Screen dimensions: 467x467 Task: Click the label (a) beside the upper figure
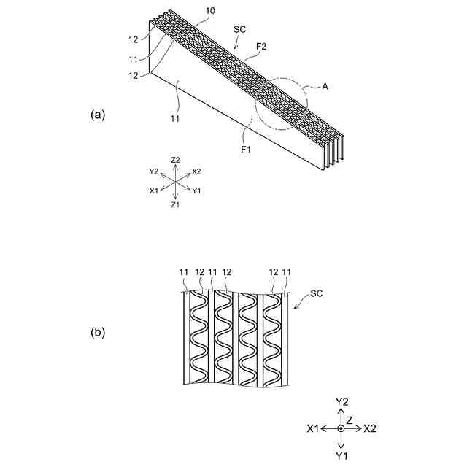coord(98,115)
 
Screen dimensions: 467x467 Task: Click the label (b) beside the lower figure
coord(98,333)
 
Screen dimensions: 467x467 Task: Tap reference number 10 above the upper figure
coord(190,11)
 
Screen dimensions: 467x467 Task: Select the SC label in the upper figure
coord(239,30)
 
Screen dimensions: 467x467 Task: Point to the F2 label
coord(260,46)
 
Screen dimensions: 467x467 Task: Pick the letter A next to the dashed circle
coord(325,85)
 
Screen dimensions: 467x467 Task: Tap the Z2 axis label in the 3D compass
coord(175,160)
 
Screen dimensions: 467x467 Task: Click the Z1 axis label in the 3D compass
coord(175,205)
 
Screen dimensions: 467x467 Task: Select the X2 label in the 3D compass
coord(196,172)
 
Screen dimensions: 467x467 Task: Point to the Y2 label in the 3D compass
coord(153,172)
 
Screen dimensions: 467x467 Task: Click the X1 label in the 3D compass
coord(154,190)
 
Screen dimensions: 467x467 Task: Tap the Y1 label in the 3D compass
coord(196,190)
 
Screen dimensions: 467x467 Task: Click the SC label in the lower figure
coord(317,293)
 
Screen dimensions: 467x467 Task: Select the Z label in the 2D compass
coord(350,420)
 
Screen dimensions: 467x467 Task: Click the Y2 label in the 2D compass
coord(341,401)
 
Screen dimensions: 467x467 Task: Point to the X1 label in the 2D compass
coord(313,428)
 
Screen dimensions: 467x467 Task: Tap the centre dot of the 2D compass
coord(341,428)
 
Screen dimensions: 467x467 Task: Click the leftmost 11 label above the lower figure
coord(183,271)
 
